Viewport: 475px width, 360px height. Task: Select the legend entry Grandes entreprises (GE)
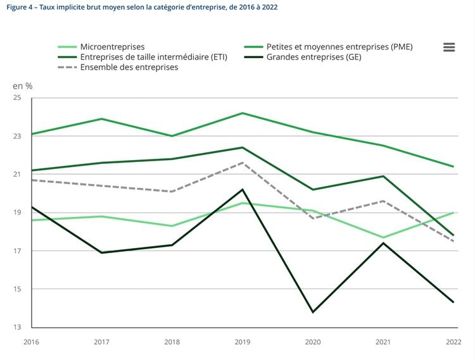pyautogui.click(x=313, y=57)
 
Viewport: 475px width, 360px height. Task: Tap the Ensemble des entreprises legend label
pyautogui.click(x=129, y=67)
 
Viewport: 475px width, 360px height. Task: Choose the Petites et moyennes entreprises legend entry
pyautogui.click(x=339, y=47)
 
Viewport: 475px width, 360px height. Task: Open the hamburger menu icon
pyautogui.click(x=449, y=47)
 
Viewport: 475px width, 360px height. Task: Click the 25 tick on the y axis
pyautogui.click(x=17, y=98)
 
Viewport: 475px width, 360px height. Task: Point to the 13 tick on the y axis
pyautogui.click(x=17, y=328)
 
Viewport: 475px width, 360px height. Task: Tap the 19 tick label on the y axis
pyautogui.click(x=17, y=213)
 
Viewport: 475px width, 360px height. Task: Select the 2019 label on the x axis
pyautogui.click(x=243, y=342)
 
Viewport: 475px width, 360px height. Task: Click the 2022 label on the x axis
pyautogui.click(x=453, y=342)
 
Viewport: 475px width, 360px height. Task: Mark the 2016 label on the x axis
pyautogui.click(x=31, y=342)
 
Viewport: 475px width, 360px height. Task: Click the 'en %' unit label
pyautogui.click(x=22, y=85)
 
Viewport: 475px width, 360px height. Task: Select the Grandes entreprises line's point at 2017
pyautogui.click(x=102, y=252)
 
